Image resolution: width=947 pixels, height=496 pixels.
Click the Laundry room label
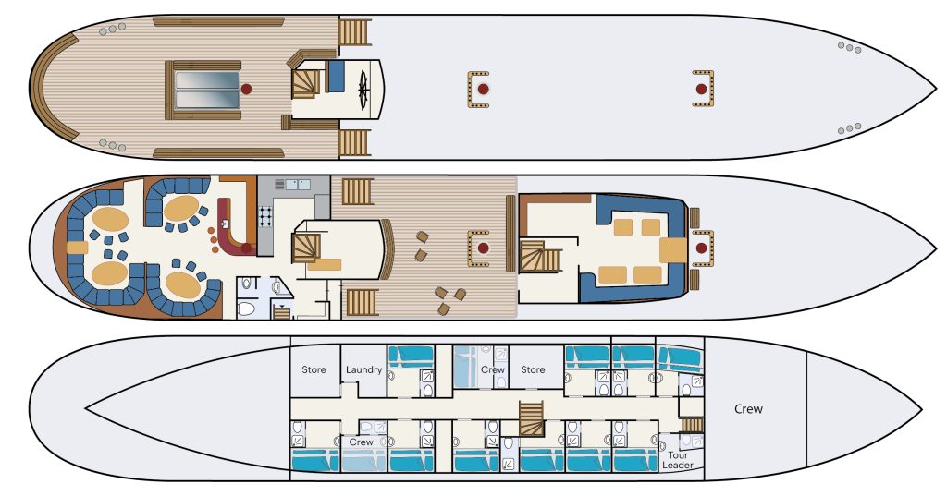click(x=363, y=369)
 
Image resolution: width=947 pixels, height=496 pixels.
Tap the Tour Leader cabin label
click(x=678, y=460)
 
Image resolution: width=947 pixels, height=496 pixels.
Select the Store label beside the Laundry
click(x=314, y=369)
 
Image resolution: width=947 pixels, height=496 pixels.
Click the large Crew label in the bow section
click(x=748, y=408)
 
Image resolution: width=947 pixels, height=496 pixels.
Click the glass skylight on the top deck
click(x=207, y=90)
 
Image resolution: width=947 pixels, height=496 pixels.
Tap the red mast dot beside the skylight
click(x=246, y=89)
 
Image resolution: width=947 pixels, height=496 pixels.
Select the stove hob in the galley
click(x=265, y=216)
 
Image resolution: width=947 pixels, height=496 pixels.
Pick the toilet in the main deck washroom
click(x=246, y=308)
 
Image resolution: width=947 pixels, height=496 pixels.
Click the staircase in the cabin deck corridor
click(x=532, y=418)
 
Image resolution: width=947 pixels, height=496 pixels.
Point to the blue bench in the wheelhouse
click(x=336, y=76)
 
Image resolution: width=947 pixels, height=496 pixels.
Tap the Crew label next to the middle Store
click(x=493, y=369)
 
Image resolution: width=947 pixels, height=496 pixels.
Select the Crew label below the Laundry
click(x=362, y=442)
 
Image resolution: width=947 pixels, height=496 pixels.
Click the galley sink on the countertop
click(x=298, y=184)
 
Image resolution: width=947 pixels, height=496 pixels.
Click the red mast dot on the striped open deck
click(x=483, y=248)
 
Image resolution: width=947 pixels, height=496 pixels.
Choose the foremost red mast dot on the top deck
click(x=701, y=89)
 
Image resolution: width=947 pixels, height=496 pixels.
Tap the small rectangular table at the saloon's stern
click(x=78, y=248)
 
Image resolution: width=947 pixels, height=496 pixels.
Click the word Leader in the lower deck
click(x=678, y=465)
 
